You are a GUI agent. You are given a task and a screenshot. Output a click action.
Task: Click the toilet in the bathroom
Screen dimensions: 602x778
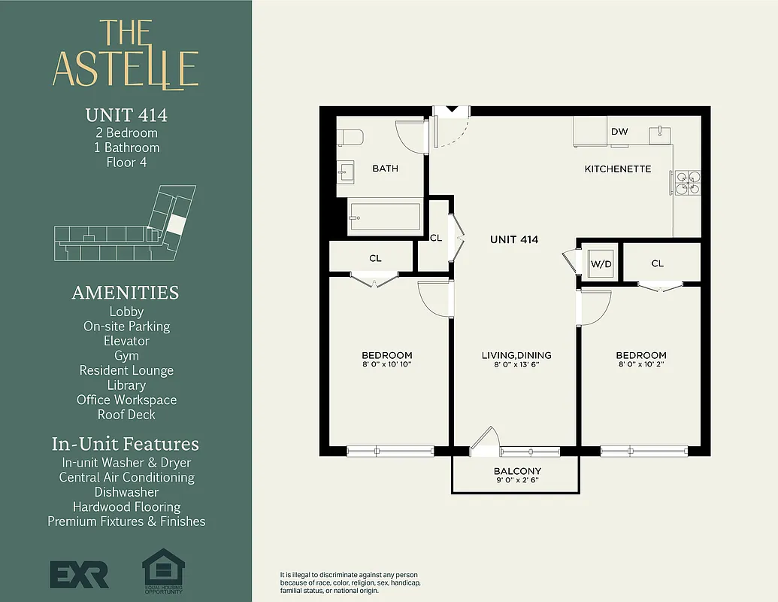click(350, 137)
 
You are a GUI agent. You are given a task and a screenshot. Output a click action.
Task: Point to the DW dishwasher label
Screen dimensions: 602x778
click(619, 132)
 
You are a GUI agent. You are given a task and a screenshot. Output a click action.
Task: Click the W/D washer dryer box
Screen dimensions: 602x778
click(600, 263)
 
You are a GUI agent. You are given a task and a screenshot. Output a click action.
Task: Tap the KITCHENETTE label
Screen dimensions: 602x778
click(618, 169)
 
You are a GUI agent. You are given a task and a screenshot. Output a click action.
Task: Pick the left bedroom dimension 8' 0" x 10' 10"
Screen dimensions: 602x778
click(387, 364)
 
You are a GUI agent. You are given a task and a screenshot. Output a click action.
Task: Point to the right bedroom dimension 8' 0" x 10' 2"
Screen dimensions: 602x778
click(641, 364)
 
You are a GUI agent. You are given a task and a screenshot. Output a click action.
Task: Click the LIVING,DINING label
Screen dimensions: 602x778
click(516, 355)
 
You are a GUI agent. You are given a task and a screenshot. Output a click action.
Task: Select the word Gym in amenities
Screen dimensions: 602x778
click(126, 355)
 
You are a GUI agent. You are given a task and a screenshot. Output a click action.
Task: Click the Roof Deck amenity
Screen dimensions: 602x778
click(126, 415)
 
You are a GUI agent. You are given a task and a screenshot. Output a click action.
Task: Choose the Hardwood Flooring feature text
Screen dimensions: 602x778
click(126, 506)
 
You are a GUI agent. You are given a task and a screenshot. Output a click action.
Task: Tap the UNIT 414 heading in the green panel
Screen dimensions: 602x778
click(126, 115)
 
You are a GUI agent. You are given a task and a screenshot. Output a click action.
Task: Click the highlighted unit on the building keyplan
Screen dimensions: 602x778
click(175, 223)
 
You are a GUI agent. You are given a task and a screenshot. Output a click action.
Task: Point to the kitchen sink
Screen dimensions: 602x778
click(661, 134)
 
